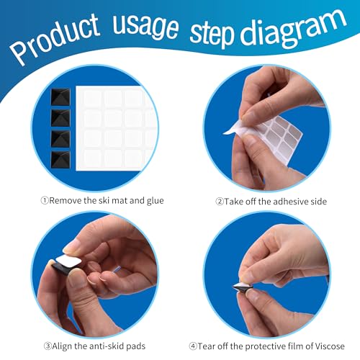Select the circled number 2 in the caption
220,200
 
